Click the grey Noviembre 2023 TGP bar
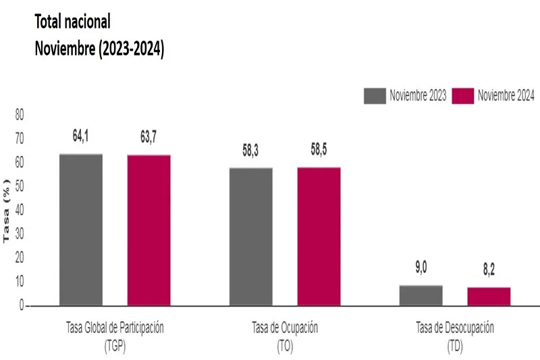coord(81,230)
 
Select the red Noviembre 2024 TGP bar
coord(149,230)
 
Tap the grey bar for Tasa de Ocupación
coord(251,236)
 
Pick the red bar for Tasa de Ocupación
coord(319,236)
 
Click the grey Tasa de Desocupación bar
coord(421,295)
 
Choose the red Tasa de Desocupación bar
coord(489,297)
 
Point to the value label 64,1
coord(81,136)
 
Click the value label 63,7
coord(148,137)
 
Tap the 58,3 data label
coord(250,150)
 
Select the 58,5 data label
coord(319,150)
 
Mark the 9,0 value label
coord(421,268)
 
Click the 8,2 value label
coord(489,270)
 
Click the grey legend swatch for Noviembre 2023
coord(374,96)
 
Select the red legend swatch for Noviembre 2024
coord(462,96)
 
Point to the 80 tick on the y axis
coord(19,115)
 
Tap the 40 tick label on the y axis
coord(19,211)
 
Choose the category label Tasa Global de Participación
coord(115,328)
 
